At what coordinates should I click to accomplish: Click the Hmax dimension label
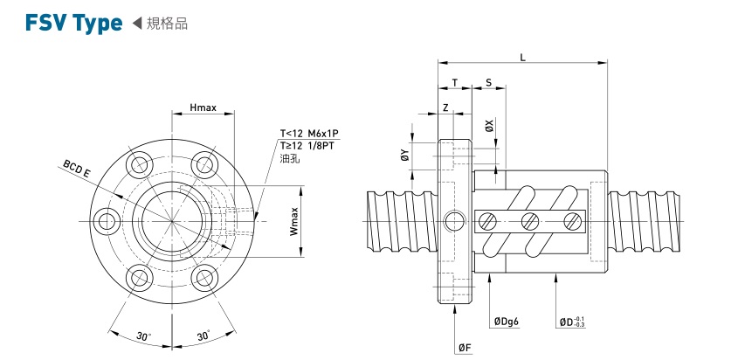point(203,109)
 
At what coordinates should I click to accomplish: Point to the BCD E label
point(76,168)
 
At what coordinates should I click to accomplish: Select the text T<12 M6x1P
point(308,134)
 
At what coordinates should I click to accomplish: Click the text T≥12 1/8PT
point(308,146)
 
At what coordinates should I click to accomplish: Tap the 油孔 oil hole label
point(289,159)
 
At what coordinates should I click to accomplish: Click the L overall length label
point(522,57)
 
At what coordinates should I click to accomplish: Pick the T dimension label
point(454,83)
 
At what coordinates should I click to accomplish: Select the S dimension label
point(488,83)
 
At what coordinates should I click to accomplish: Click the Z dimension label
point(445,107)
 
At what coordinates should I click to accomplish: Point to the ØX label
point(490,126)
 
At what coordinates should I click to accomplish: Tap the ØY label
point(404,156)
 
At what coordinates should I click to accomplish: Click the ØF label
point(465,348)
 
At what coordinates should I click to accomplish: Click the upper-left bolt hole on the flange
point(137,163)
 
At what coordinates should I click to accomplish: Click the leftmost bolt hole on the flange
point(107,221)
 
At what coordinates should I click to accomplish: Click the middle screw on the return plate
point(529,221)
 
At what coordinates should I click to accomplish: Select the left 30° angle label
point(143,336)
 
